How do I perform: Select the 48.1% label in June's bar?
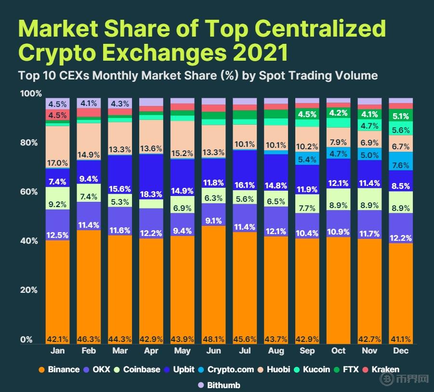tap(213, 339)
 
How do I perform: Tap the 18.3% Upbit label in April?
tap(151, 194)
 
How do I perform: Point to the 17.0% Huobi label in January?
tap(58, 163)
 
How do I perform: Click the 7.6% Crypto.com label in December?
tap(401, 166)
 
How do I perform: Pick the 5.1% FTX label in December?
tap(401, 116)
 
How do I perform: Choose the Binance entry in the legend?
tap(59, 370)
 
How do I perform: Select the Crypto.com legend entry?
tap(224, 370)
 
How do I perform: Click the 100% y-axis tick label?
tap(30, 93)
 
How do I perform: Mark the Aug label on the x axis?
tap(276, 351)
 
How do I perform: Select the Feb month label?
tap(89, 351)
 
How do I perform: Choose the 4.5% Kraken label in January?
tap(58, 116)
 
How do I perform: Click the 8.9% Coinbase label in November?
tap(369, 205)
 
